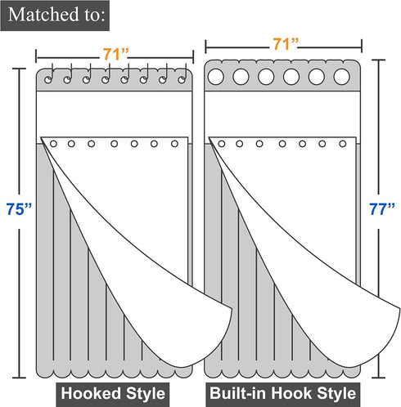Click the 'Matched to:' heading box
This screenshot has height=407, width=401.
point(55,16)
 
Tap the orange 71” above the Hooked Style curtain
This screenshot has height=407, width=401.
point(115,54)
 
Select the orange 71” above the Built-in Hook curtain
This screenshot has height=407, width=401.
point(286,43)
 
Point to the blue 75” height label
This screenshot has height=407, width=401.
point(19,209)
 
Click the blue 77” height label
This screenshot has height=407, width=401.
point(381,209)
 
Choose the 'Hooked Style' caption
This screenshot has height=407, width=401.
point(113,394)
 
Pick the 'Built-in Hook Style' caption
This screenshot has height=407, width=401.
point(283,394)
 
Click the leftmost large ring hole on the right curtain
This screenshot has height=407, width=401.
point(216,77)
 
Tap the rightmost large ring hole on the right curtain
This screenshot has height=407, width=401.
point(341,77)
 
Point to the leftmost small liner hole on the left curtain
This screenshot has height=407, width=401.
point(53,144)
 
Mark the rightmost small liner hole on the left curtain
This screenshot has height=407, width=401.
point(174,144)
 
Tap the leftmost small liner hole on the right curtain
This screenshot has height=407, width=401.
point(222,144)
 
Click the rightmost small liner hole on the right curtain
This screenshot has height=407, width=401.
point(343,144)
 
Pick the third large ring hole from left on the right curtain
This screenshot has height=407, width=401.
point(266,77)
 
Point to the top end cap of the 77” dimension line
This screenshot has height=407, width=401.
point(378,60)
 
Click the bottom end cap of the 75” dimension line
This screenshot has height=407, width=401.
point(19,378)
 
